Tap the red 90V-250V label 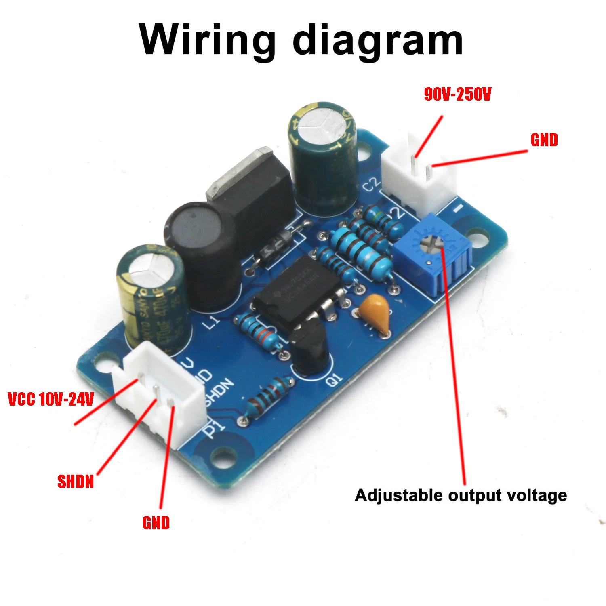point(457,95)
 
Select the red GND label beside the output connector point(544,140)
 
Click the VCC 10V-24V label point(51,399)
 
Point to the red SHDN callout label point(76,482)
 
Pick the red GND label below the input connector point(156,523)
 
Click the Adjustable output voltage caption point(461,495)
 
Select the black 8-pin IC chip point(298,293)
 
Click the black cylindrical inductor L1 point(200,238)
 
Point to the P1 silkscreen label point(213,429)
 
